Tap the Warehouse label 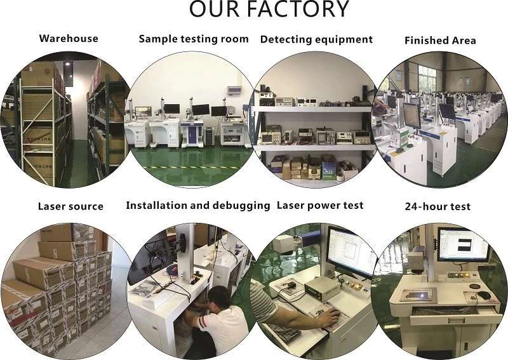(x=69, y=38)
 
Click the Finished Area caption (x=440, y=41)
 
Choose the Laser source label (x=70, y=206)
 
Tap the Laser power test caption (x=320, y=205)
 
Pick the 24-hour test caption (x=438, y=207)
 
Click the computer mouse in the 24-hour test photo (x=484, y=295)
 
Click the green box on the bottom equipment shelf (x=328, y=169)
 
